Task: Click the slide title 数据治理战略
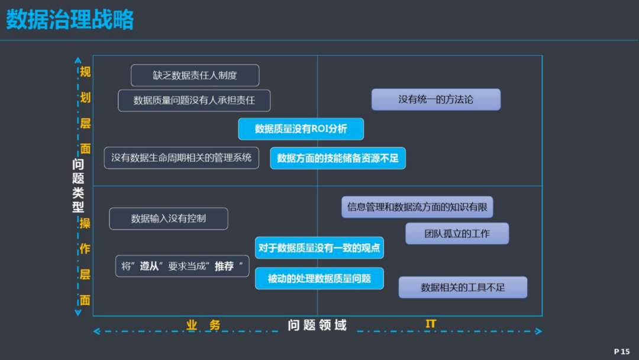[70, 20]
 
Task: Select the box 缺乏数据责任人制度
[195, 75]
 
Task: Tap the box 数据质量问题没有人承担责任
[194, 101]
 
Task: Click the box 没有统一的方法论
[435, 99]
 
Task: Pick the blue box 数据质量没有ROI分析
[301, 129]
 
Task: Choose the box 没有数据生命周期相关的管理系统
[182, 157]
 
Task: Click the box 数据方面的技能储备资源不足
[338, 158]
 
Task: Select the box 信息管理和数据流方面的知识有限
[417, 207]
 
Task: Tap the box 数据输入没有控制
[168, 218]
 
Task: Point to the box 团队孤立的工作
[457, 234]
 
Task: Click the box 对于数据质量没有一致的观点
[319, 248]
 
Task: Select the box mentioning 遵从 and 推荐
[182, 266]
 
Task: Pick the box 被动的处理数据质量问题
[319, 278]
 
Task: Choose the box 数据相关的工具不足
[463, 287]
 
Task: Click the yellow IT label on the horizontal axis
[431, 324]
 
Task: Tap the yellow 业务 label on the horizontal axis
[204, 325]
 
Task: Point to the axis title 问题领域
[317, 325]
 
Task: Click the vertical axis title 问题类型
[78, 185]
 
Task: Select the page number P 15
[622, 352]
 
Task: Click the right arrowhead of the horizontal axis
[539, 331]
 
